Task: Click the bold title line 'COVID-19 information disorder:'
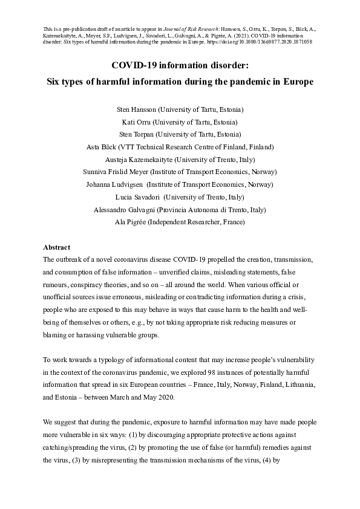pyautogui.click(x=180, y=66)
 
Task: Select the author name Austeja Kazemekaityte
pyautogui.click(x=139, y=160)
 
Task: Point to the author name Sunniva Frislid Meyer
pyautogui.click(x=114, y=172)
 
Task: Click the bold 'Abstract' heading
pyautogui.click(x=57, y=247)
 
